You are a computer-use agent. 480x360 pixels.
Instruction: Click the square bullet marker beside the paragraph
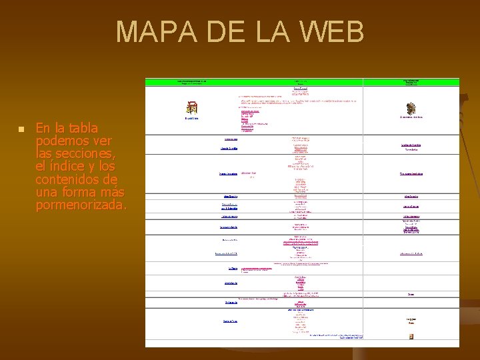click(21, 129)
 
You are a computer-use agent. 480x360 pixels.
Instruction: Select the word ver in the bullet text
click(101, 141)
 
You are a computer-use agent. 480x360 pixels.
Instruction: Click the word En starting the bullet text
click(43, 128)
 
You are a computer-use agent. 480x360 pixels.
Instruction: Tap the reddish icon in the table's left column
click(192, 107)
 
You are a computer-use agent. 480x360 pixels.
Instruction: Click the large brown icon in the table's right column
click(411, 107)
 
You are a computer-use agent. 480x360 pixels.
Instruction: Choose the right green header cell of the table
click(411, 82)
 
